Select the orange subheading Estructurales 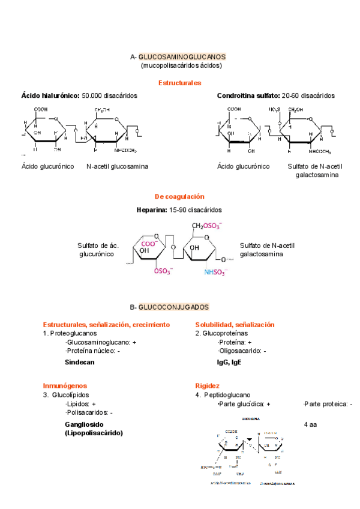[179, 83]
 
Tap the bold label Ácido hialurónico [50, 95]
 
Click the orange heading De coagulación [179, 196]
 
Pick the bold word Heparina [152, 210]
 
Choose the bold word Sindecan [80, 362]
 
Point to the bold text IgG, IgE [229, 362]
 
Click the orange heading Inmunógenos [65, 385]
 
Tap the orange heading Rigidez [207, 385]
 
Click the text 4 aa [310, 424]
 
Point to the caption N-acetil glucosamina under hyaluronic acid [118, 166]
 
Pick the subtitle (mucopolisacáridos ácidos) [181, 65]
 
